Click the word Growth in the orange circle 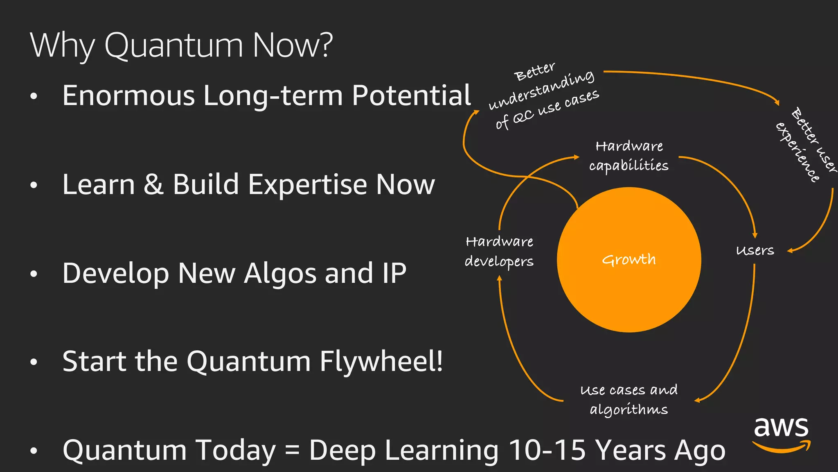click(x=629, y=260)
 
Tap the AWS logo click(x=781, y=434)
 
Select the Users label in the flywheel click(x=755, y=250)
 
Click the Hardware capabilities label click(x=629, y=156)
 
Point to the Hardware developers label click(x=499, y=252)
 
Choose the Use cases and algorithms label click(x=629, y=399)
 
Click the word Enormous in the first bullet click(x=128, y=95)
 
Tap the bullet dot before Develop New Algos click(x=34, y=274)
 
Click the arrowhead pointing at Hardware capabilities click(x=577, y=157)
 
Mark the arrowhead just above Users click(x=755, y=235)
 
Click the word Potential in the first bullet click(x=411, y=95)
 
